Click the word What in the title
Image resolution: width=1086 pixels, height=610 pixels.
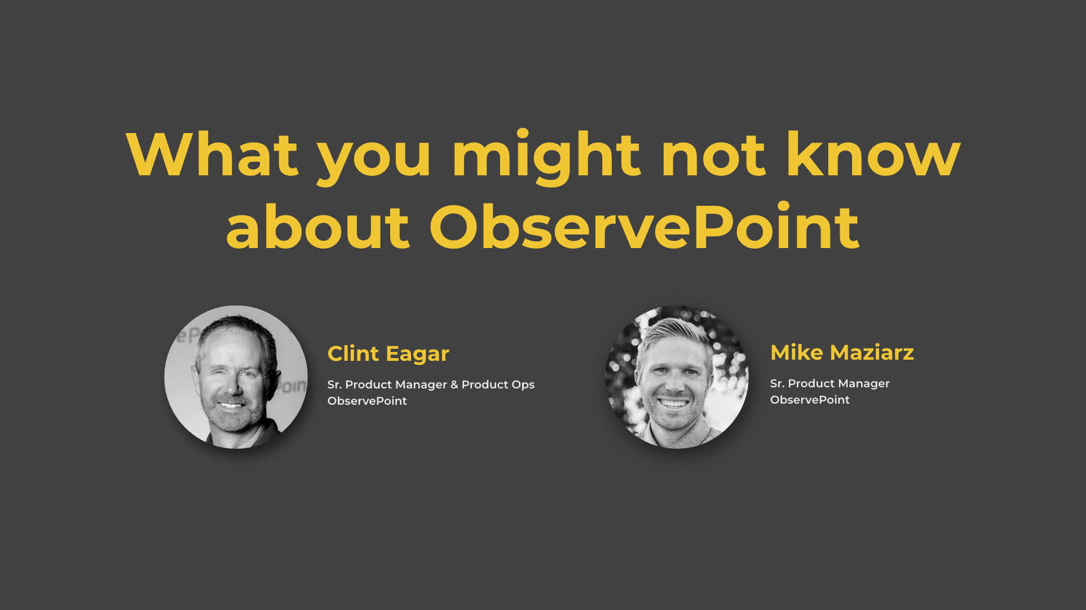[x=212, y=154]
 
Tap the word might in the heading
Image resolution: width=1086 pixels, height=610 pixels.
[x=546, y=157]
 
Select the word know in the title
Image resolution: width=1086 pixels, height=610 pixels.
[x=873, y=154]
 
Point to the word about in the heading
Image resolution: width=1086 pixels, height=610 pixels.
[x=317, y=227]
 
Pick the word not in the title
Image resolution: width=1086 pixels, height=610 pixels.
[x=713, y=156]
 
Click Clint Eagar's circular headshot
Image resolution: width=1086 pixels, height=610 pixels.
[x=236, y=377]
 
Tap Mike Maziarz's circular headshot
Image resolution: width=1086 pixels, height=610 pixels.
[x=677, y=377]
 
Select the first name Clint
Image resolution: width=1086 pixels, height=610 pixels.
[x=353, y=353]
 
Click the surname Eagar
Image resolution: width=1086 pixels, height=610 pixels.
[x=418, y=355]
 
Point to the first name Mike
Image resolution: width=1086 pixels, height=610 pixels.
[x=797, y=352]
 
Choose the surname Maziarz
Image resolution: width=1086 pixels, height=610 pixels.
[x=872, y=352]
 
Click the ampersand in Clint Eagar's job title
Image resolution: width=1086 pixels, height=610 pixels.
[x=454, y=384]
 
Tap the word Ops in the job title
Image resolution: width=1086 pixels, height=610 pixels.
[x=523, y=385]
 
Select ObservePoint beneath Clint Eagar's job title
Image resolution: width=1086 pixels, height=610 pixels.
[x=367, y=401]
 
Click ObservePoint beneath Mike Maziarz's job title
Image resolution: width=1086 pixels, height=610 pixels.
[x=810, y=400]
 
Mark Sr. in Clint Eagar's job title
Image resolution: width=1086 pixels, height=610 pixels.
[x=334, y=384]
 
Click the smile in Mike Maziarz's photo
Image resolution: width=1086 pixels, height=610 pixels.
[x=675, y=403]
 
